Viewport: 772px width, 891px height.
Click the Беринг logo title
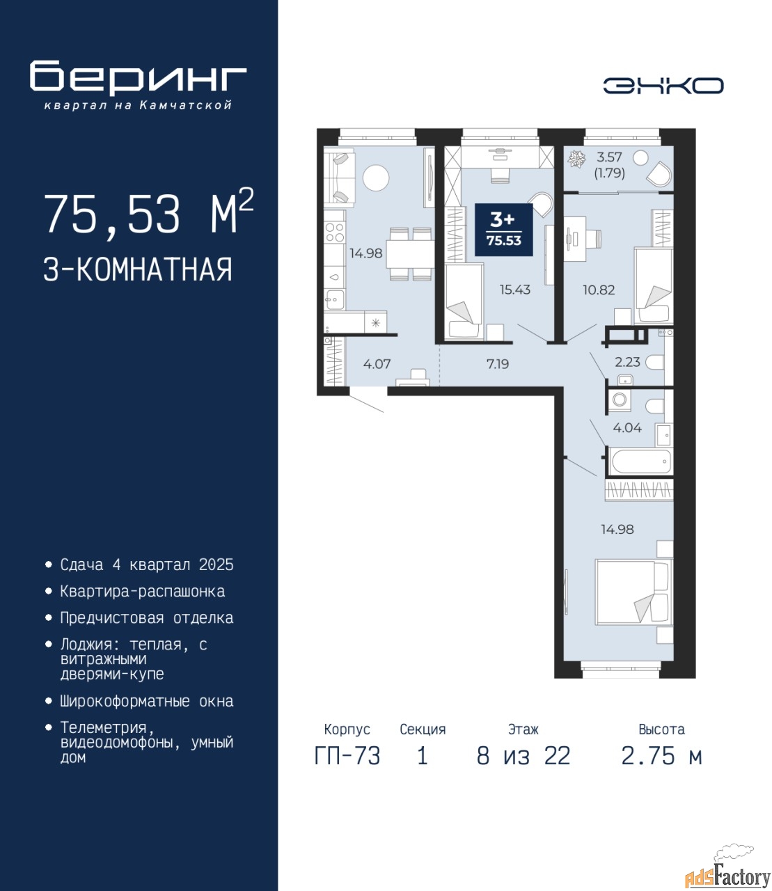[x=138, y=78]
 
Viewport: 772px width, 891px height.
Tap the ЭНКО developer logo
[x=663, y=86]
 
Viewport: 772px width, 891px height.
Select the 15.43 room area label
[x=514, y=290]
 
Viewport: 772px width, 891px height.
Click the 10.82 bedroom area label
[x=599, y=290]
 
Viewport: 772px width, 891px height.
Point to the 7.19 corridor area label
[x=498, y=364]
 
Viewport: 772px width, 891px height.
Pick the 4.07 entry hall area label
[x=377, y=364]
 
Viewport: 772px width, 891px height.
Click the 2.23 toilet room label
[x=627, y=362]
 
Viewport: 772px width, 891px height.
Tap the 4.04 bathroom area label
[x=627, y=427]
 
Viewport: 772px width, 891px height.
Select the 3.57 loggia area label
[x=609, y=157]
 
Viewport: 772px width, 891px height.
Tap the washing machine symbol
[x=620, y=400]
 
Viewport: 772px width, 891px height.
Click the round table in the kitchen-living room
[x=376, y=178]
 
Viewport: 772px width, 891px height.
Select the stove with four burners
[x=335, y=232]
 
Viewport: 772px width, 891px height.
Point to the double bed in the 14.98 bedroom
[x=633, y=592]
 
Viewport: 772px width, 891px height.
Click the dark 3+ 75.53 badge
[x=504, y=229]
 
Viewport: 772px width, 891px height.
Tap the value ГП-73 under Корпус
[x=347, y=756]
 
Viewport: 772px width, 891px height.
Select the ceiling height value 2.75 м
[x=661, y=756]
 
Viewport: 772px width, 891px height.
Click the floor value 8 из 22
[x=523, y=756]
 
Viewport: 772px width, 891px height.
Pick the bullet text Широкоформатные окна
[x=147, y=701]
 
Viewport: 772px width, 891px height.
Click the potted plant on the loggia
[x=576, y=159]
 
